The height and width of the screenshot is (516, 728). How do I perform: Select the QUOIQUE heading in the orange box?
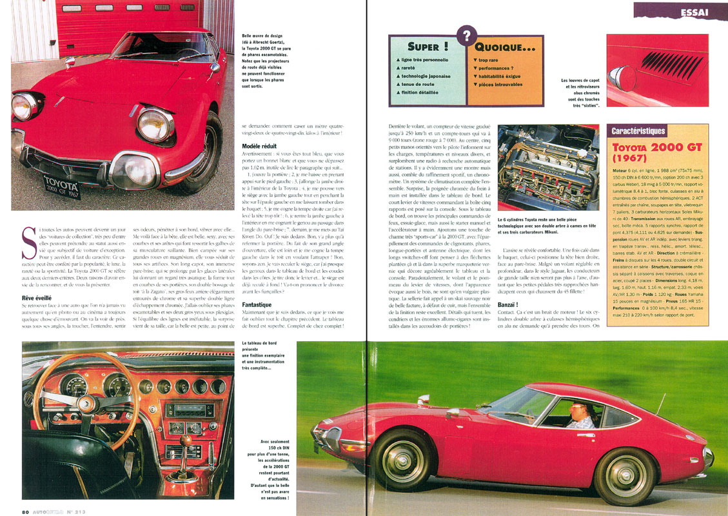click(506, 46)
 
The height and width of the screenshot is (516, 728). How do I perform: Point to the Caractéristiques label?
click(638, 131)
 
